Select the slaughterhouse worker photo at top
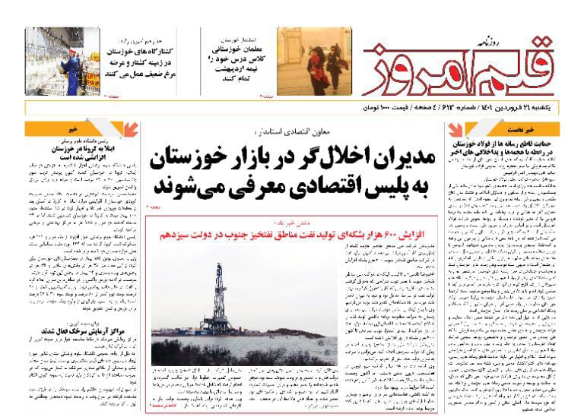[x=54, y=62]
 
